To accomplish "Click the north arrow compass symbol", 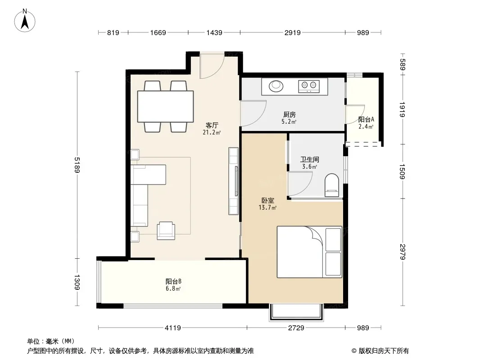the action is point(25,21).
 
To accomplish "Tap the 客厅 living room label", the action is point(212,126).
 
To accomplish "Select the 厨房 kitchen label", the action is point(289,115).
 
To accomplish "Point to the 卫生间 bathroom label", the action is point(309,159).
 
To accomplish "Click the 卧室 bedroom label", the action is point(268,201).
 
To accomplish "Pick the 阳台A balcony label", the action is point(366,120).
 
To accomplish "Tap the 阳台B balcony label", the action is point(173,281).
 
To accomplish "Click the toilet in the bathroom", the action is point(331,185).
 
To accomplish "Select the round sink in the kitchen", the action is point(276,86).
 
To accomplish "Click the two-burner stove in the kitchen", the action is point(308,86).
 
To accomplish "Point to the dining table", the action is point(165,107).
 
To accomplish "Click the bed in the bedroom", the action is point(309,252).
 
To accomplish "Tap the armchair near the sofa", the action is point(166,230).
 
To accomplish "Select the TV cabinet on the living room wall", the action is point(233,181).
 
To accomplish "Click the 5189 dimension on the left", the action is point(77,165).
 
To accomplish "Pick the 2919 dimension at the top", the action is point(292,32).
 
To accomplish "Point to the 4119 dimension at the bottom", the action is point(172,328).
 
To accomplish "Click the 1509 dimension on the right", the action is point(402,171).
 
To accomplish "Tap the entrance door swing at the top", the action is point(212,65).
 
